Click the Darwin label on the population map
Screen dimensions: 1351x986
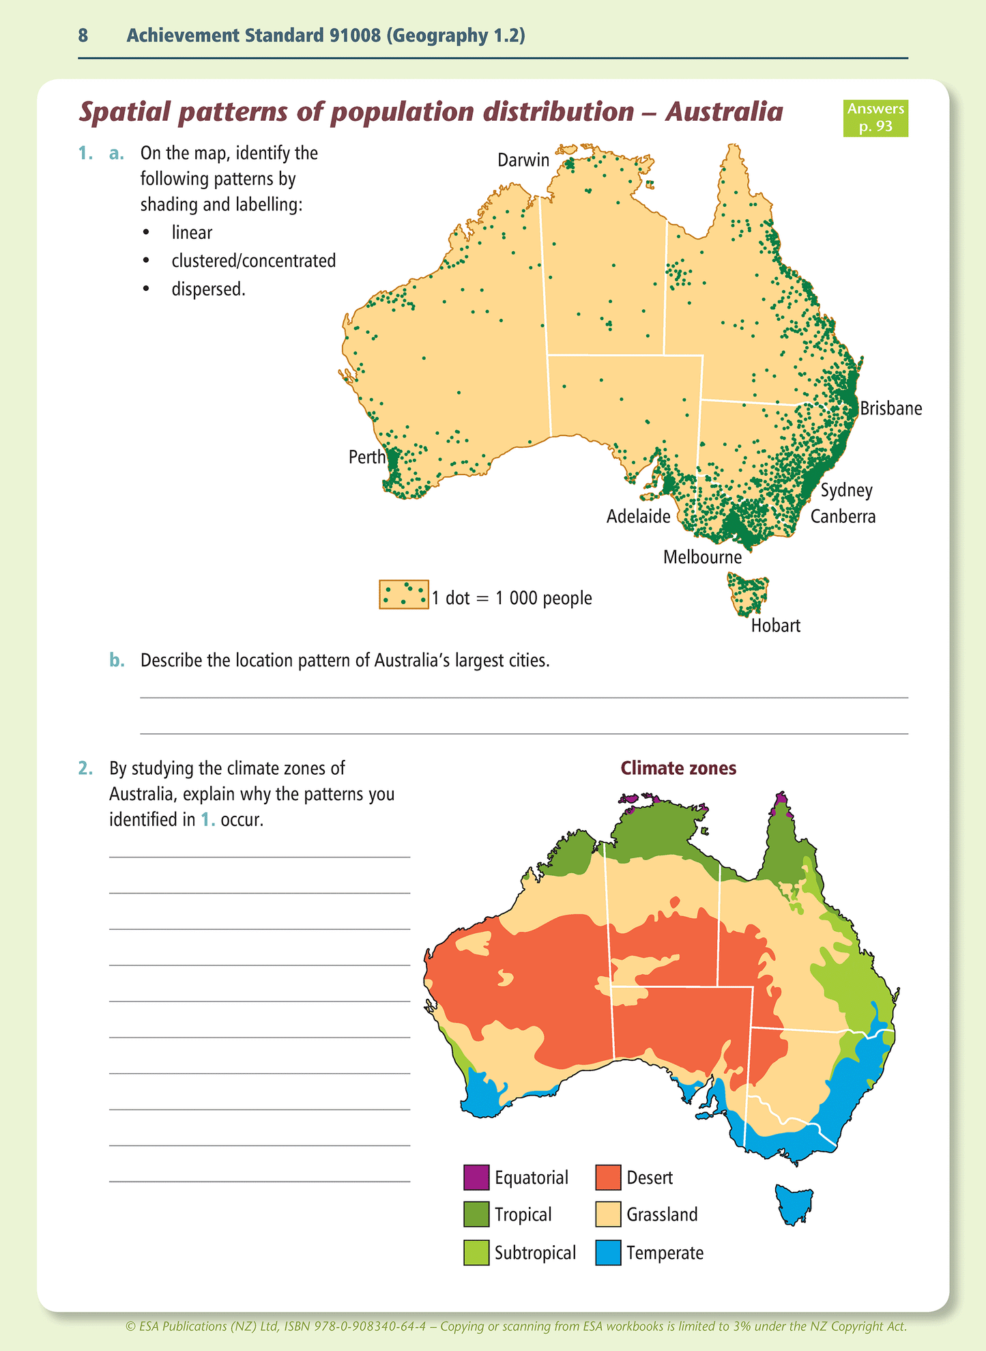523,160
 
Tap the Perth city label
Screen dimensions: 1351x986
366,457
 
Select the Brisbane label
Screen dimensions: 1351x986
890,408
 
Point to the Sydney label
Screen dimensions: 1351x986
846,490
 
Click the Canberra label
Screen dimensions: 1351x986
843,516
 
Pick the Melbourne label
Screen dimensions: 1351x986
702,557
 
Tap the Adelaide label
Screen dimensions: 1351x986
638,517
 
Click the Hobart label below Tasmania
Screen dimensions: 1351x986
775,625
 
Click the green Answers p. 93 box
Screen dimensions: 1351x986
875,117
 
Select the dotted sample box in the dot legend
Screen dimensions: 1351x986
403,595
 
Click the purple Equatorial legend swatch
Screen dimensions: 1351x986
476,1177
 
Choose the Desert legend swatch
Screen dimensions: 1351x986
608,1177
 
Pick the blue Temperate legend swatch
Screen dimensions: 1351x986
608,1253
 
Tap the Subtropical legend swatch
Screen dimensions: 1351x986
476,1253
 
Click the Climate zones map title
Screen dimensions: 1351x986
678,768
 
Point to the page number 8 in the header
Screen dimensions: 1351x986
83,35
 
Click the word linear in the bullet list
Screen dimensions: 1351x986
192,233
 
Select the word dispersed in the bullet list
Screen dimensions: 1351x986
207,289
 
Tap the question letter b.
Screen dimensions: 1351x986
117,660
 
